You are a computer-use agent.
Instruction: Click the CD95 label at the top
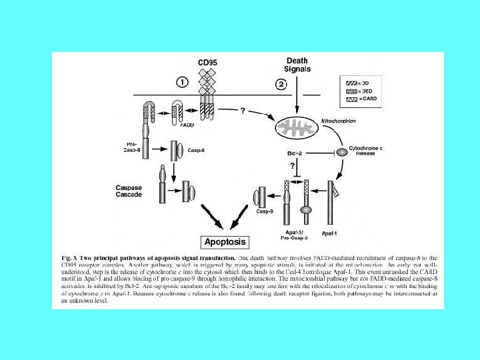point(207,62)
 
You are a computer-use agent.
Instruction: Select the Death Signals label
point(296,64)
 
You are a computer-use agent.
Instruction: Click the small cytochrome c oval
point(340,153)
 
